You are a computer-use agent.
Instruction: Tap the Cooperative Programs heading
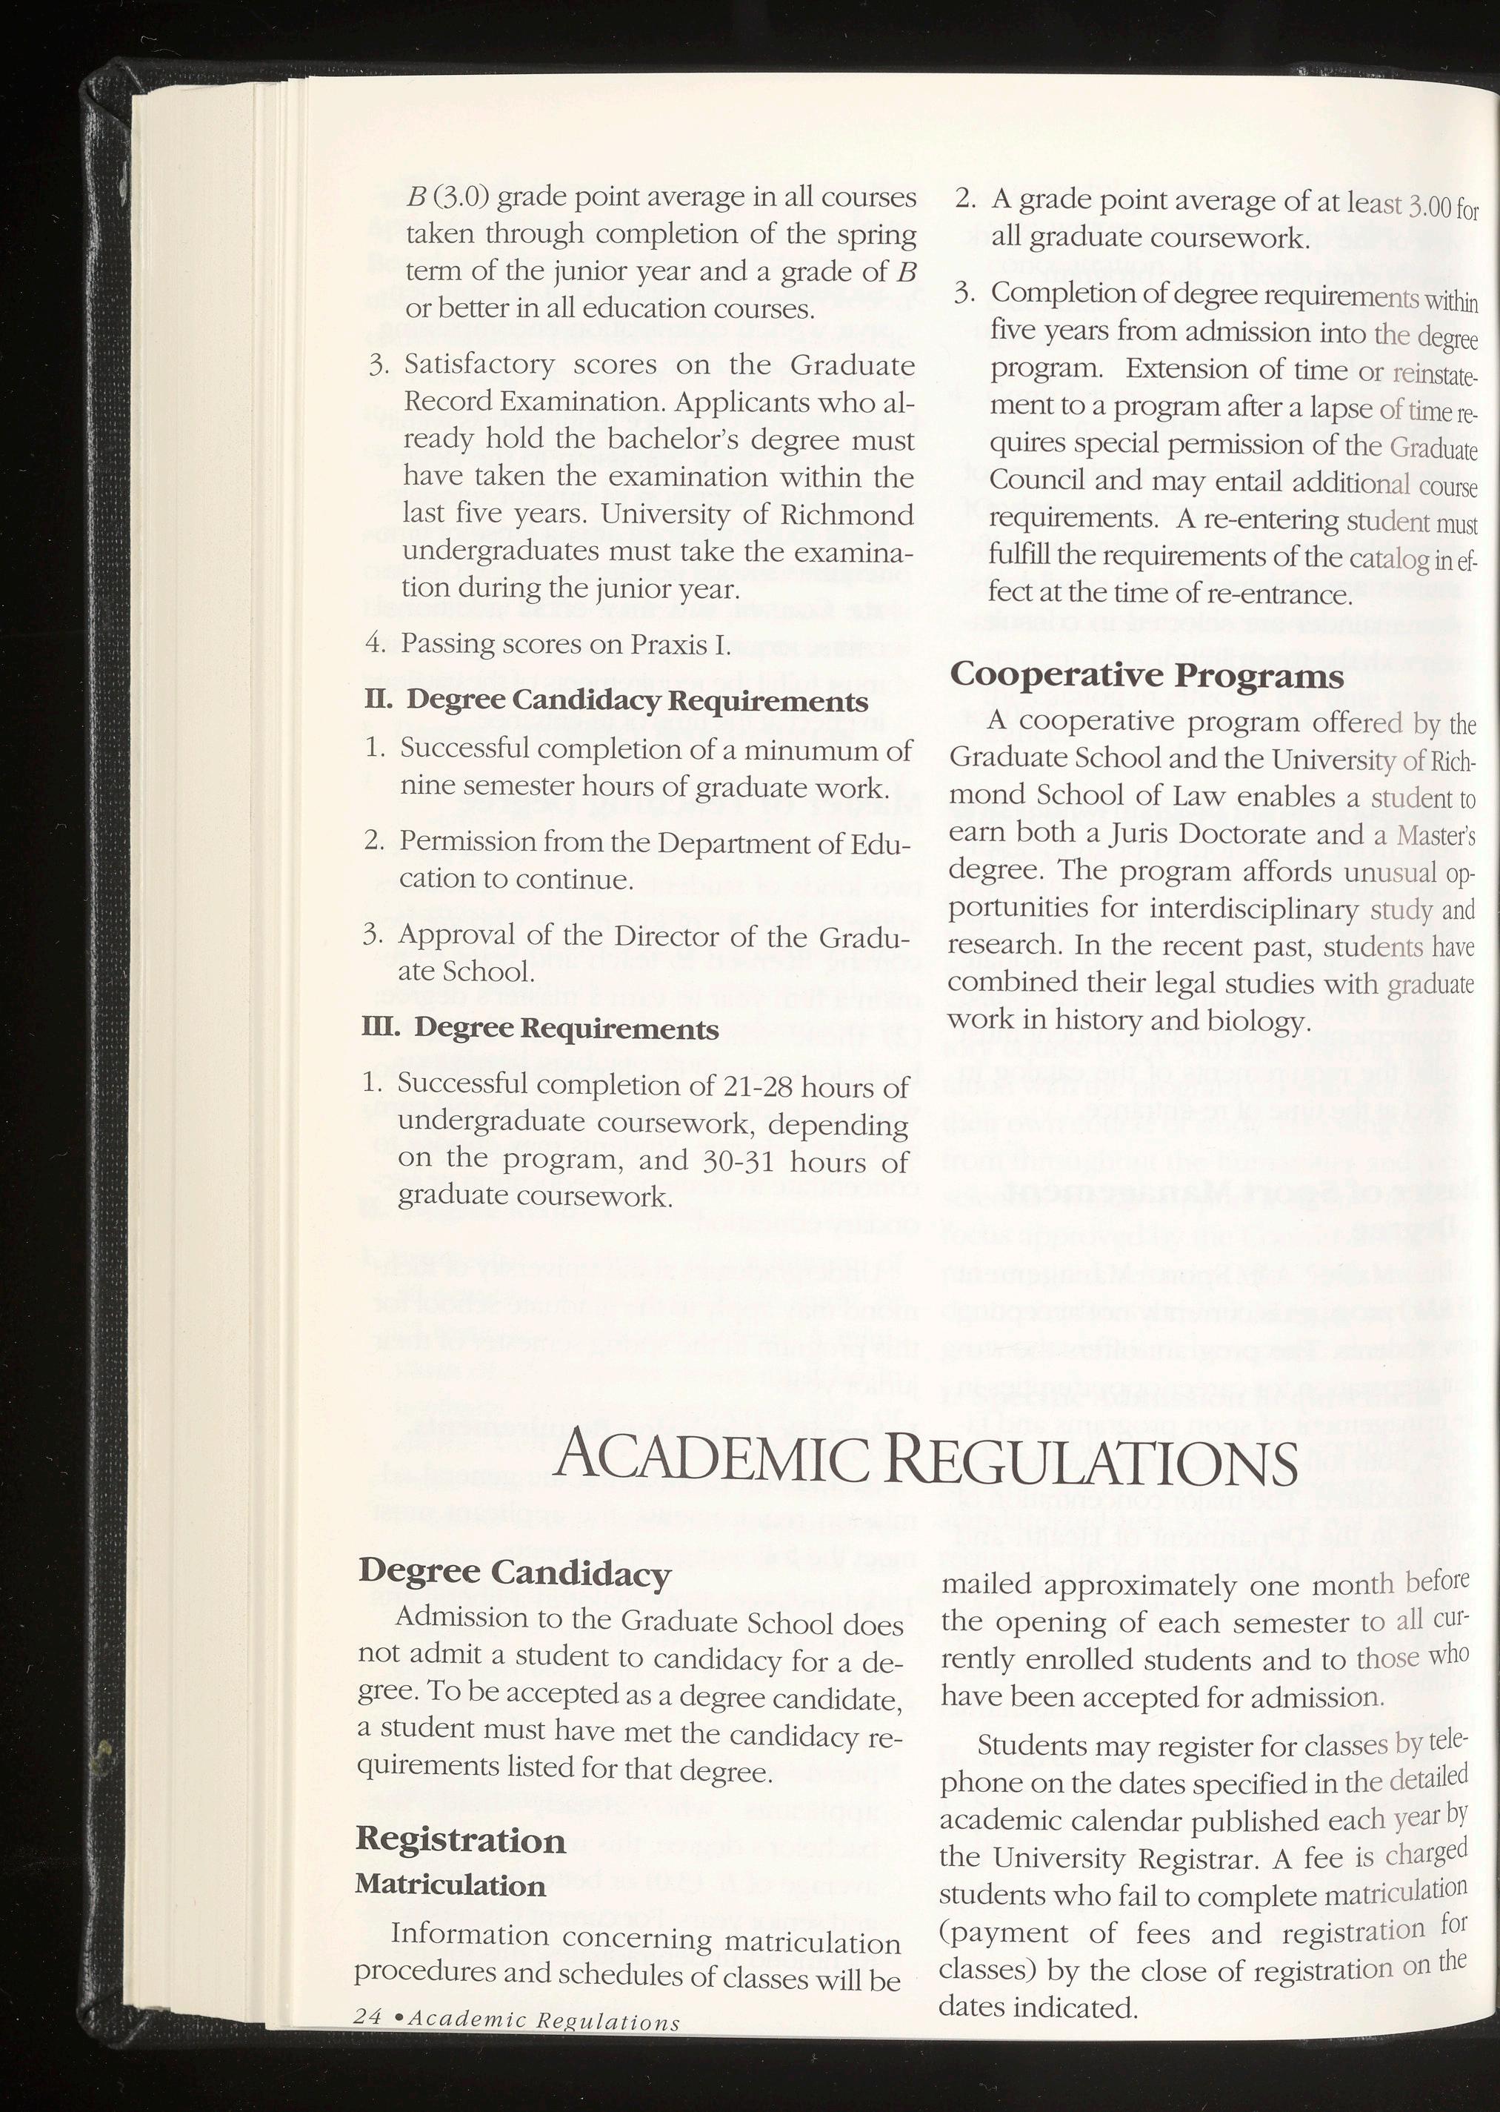(1146, 675)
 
